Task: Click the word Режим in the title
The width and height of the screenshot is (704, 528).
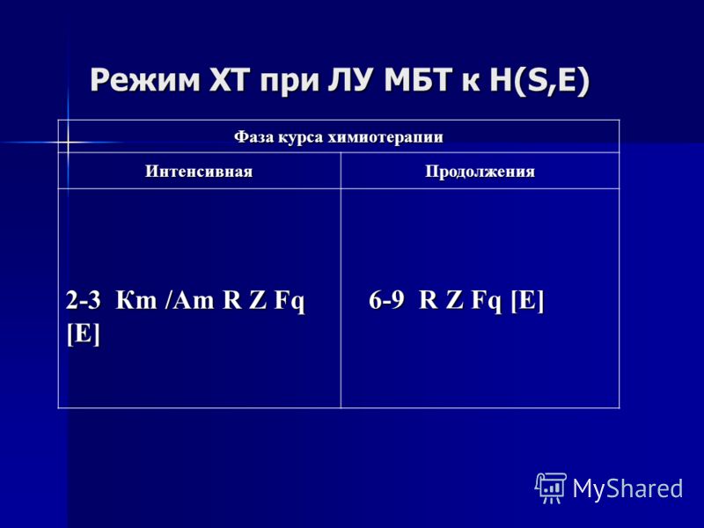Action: [144, 80]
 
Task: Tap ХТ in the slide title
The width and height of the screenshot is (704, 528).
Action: [231, 80]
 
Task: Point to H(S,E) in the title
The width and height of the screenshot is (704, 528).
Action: [539, 81]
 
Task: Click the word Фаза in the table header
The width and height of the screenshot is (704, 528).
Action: [253, 136]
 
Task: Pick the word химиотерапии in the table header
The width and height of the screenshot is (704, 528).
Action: [385, 137]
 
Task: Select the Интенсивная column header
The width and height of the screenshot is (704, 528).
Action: [199, 171]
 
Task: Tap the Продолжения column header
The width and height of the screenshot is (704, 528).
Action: [480, 172]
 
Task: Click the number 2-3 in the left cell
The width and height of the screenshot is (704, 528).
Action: [83, 300]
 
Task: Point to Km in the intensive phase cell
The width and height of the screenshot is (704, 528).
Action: [136, 300]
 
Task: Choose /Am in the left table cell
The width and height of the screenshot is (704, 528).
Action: [189, 300]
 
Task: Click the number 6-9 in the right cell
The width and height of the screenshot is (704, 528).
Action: [386, 300]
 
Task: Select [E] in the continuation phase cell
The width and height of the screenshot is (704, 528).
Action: [527, 300]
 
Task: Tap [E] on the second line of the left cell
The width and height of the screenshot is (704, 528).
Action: [83, 334]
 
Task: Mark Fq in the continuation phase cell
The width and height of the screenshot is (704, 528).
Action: [487, 301]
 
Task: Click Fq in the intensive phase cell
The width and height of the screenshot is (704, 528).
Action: [290, 301]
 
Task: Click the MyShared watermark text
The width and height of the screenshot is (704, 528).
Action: [627, 488]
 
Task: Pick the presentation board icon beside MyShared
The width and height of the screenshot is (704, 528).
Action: [551, 488]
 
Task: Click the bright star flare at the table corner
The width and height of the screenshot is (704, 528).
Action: [68, 143]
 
